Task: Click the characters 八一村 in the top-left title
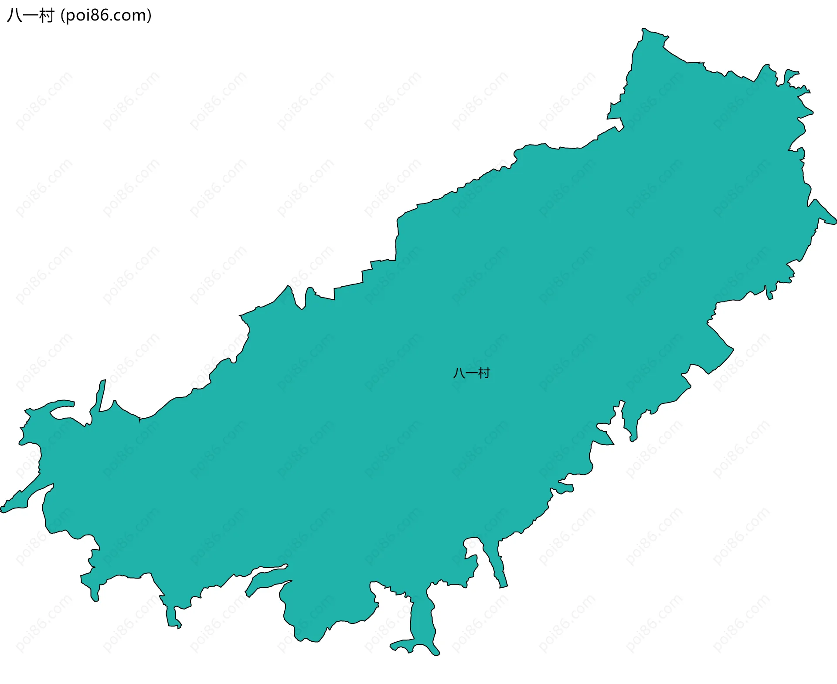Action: [30, 16]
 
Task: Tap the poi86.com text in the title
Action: [106, 16]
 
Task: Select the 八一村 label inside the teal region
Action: [471, 373]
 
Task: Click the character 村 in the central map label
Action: [484, 373]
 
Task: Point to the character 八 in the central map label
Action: [459, 373]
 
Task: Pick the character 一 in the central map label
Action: [471, 373]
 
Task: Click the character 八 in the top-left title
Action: [14, 16]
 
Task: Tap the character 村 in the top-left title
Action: [46, 16]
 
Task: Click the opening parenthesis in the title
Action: [63, 16]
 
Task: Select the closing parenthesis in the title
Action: [149, 16]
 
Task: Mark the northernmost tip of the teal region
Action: [643, 29]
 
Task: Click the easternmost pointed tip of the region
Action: [835, 223]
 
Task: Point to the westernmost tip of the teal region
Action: [2, 510]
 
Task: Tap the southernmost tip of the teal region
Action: [436, 654]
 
